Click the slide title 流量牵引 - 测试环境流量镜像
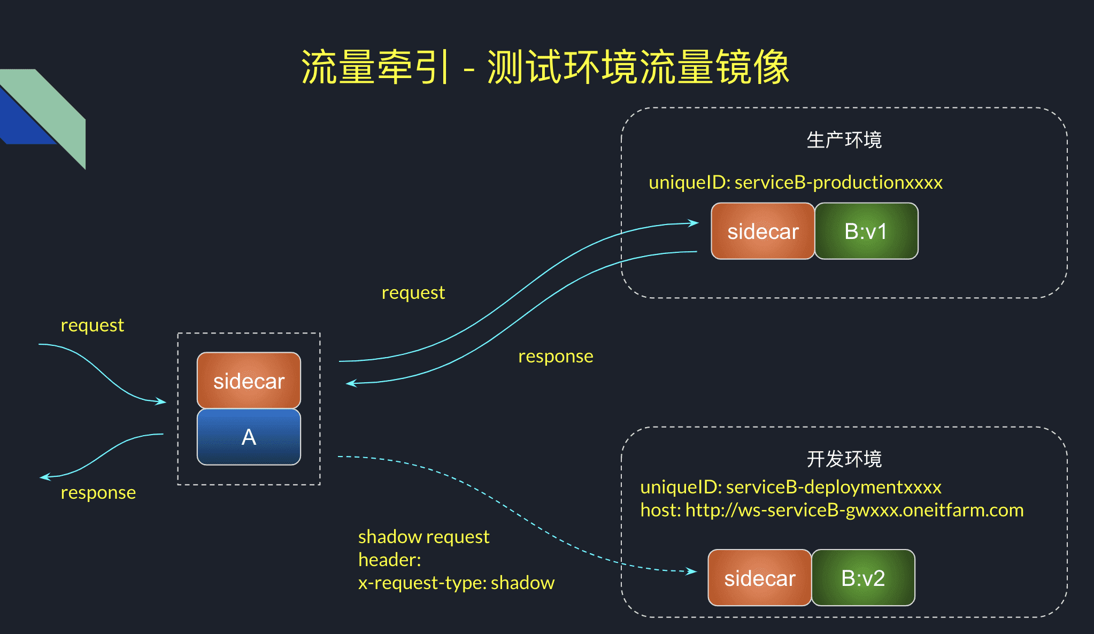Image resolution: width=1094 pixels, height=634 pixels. coord(545,67)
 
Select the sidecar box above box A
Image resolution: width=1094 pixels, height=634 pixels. coord(249,381)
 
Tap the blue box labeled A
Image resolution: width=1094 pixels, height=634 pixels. coord(249,437)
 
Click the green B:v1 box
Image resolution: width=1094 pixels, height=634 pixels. coord(866,231)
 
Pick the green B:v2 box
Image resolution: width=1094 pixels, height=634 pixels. coord(863,578)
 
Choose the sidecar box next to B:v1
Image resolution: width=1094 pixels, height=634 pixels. coord(763,231)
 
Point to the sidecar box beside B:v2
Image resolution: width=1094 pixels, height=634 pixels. coord(760,578)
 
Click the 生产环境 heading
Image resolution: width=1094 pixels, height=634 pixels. coord(844,140)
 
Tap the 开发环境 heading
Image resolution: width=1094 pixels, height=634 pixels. coord(844,459)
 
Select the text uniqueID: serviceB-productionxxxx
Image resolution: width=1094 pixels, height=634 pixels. coord(796,183)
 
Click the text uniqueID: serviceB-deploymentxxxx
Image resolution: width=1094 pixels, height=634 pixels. coord(791,487)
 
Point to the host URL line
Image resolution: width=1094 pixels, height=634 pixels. coord(832,511)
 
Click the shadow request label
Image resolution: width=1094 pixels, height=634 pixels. coord(423,537)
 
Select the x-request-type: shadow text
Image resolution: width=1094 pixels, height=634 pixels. coord(456,583)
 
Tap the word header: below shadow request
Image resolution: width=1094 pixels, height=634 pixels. coord(390,560)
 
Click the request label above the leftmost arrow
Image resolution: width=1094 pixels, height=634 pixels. coord(92,326)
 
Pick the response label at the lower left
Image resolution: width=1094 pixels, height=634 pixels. coord(98,493)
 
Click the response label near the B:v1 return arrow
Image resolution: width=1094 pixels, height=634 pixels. coord(556,357)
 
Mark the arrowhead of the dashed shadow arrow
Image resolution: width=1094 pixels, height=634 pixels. coord(693,571)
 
